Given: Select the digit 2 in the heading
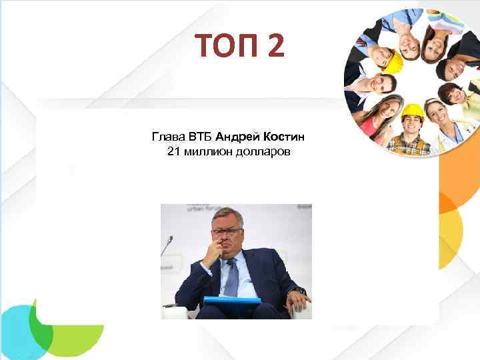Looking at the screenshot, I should (275, 47).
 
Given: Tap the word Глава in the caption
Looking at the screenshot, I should (165, 137).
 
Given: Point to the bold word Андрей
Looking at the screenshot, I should (238, 137).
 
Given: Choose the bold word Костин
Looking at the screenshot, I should (284, 137).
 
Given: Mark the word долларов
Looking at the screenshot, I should (261, 153).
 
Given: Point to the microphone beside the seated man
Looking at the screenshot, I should (168, 240).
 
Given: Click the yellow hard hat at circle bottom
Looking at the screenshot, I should (413, 109).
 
